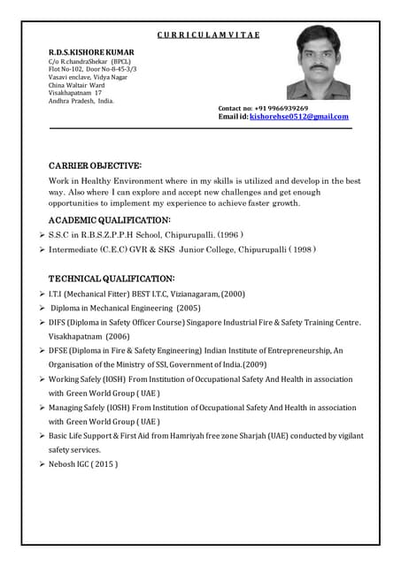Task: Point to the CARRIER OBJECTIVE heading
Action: pyautogui.click(x=95, y=165)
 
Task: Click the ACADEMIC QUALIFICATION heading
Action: pyautogui.click(x=109, y=218)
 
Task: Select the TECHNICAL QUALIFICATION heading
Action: pyautogui.click(x=111, y=278)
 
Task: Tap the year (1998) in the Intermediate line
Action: pyautogui.click(x=299, y=249)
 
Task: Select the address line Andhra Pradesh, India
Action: pyautogui.click(x=81, y=100)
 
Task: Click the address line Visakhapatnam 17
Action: pyautogui.click(x=75, y=92)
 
